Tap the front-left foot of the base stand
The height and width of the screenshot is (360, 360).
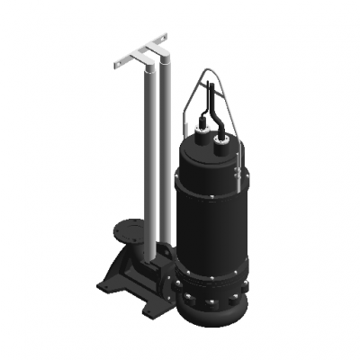[x=105, y=286]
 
